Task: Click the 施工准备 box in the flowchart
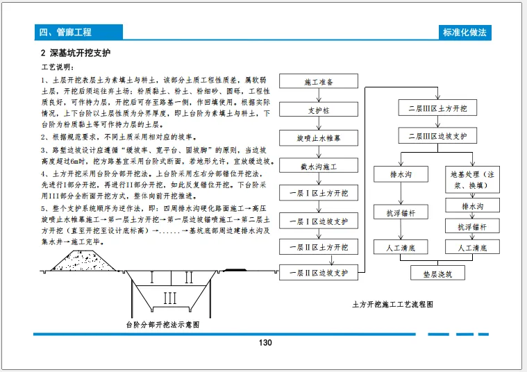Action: [319, 82]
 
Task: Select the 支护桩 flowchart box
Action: [319, 110]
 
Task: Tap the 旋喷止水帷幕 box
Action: [319, 138]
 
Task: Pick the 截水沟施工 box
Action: [319, 167]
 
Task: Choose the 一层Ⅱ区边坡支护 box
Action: [319, 273]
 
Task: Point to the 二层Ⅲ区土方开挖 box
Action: [437, 109]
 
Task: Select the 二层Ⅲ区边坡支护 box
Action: [437, 136]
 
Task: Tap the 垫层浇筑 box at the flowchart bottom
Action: [437, 273]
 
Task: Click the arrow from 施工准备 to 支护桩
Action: [319, 96]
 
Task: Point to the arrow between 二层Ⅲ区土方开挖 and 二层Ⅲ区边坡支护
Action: [437, 123]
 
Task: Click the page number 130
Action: [265, 343]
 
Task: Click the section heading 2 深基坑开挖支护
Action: [75, 53]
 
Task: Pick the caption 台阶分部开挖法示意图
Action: [161, 324]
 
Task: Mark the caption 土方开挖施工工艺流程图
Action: [393, 304]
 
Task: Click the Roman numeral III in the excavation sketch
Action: [169, 298]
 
